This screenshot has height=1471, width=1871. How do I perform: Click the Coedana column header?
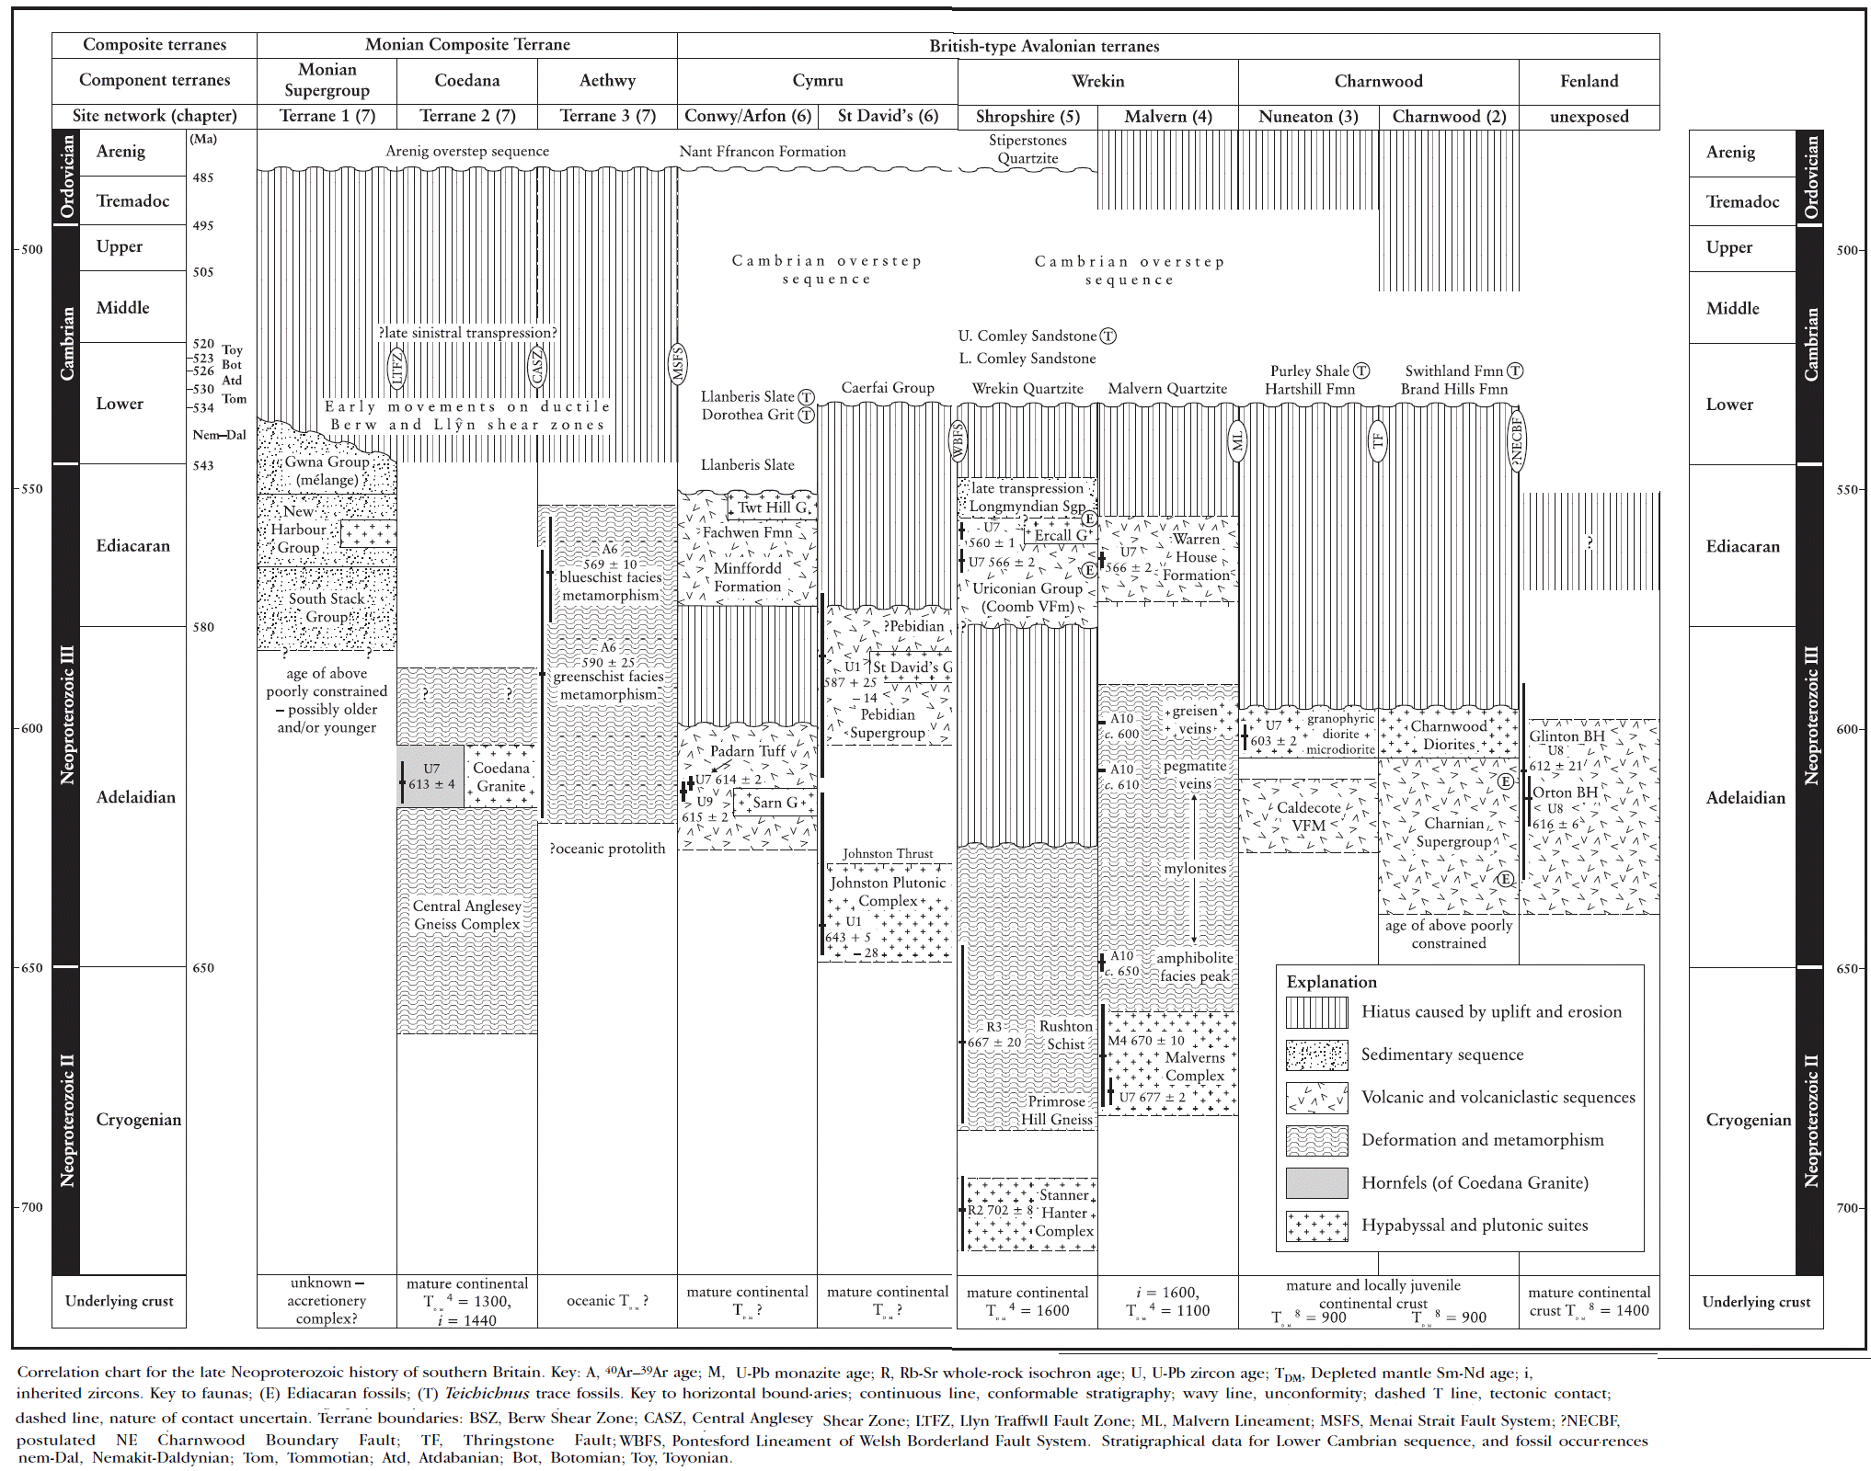tap(467, 81)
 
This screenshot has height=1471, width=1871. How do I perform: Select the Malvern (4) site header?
tap(1167, 117)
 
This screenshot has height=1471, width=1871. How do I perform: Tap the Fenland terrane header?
tap(1589, 81)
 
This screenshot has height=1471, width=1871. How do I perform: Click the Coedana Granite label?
tap(501, 777)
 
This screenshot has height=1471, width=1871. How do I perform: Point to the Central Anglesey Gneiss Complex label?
tap(466, 915)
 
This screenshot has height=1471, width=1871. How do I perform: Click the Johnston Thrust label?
tap(887, 853)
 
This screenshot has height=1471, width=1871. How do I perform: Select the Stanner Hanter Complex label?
tap(1064, 1213)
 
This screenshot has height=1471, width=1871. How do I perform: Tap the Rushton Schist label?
tap(1065, 1035)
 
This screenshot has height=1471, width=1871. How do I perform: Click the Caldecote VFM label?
tap(1308, 816)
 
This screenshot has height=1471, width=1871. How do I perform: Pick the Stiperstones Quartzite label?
tap(1027, 149)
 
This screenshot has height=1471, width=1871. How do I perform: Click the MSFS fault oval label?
tap(678, 364)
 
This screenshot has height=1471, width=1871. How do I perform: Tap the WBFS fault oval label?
tap(958, 441)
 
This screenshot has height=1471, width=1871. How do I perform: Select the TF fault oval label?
tap(1377, 439)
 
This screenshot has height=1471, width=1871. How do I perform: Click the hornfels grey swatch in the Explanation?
tap(1316, 1182)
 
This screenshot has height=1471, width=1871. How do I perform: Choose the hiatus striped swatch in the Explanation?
tap(1316, 1012)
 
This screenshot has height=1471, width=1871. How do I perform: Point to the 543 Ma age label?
tap(202, 465)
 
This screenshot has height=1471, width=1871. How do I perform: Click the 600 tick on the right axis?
tap(1847, 729)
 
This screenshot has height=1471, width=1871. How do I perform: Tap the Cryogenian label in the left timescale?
tap(138, 1119)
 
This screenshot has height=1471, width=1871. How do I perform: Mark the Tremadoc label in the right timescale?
tap(1742, 201)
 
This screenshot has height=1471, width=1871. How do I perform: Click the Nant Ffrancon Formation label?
tap(763, 152)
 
